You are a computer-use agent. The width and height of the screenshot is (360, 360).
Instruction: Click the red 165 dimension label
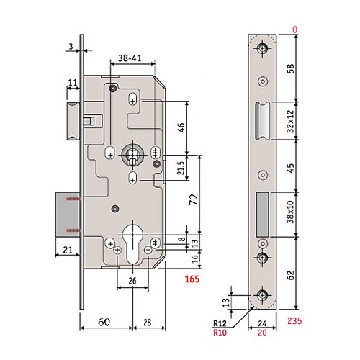tap(192, 279)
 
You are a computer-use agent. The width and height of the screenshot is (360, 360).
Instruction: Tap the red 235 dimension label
tap(294, 320)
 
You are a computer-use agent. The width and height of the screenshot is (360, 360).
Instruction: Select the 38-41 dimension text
tap(130, 58)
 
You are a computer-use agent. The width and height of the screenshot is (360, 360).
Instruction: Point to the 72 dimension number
tap(194, 199)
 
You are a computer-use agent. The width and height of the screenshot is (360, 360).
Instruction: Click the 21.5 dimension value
tap(181, 168)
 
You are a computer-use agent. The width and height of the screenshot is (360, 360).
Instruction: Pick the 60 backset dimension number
tap(104, 322)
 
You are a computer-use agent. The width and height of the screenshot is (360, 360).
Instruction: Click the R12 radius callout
tap(220, 323)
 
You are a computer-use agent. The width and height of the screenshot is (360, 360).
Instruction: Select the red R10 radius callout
tap(220, 333)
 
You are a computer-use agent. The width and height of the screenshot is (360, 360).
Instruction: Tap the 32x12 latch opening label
tap(290, 121)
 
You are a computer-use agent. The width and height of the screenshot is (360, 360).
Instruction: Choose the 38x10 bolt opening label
tap(290, 212)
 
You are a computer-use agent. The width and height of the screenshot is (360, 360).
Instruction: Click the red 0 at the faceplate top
tap(294, 30)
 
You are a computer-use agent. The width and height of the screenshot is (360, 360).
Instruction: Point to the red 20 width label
tap(262, 333)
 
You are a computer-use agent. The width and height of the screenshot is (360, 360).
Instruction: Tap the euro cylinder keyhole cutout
tap(132, 243)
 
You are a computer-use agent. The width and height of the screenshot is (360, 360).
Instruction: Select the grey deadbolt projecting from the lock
tap(68, 215)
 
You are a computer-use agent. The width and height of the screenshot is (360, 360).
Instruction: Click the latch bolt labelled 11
tap(73, 121)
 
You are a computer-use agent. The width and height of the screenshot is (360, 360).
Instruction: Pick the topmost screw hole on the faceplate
tap(263, 48)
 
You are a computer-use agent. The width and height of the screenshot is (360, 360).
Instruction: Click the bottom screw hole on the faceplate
tap(263, 294)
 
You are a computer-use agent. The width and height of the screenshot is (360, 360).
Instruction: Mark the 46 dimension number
tap(181, 127)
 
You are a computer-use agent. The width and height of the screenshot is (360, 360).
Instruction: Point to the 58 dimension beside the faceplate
tap(290, 68)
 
